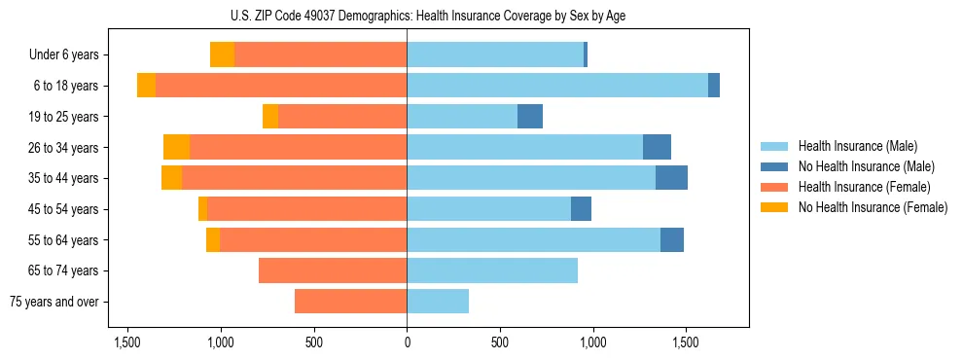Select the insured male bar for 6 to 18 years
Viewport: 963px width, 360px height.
[x=556, y=86]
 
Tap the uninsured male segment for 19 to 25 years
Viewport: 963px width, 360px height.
[x=530, y=117]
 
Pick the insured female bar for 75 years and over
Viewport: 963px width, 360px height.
[x=350, y=302]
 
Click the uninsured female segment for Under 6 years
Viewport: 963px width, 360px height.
[x=222, y=55]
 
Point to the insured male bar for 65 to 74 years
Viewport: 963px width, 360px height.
[x=492, y=270]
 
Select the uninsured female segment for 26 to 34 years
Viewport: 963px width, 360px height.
[x=176, y=148]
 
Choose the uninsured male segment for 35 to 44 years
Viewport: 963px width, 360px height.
[x=671, y=178]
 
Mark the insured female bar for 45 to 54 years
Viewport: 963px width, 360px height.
[x=306, y=209]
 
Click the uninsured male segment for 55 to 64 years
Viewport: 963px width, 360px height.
[x=672, y=240]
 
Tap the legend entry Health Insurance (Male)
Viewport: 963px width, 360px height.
[x=857, y=147]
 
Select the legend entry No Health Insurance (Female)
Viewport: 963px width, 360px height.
[x=873, y=207]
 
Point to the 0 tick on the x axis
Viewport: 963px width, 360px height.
[x=407, y=343]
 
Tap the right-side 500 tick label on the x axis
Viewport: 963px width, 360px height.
[x=500, y=343]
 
